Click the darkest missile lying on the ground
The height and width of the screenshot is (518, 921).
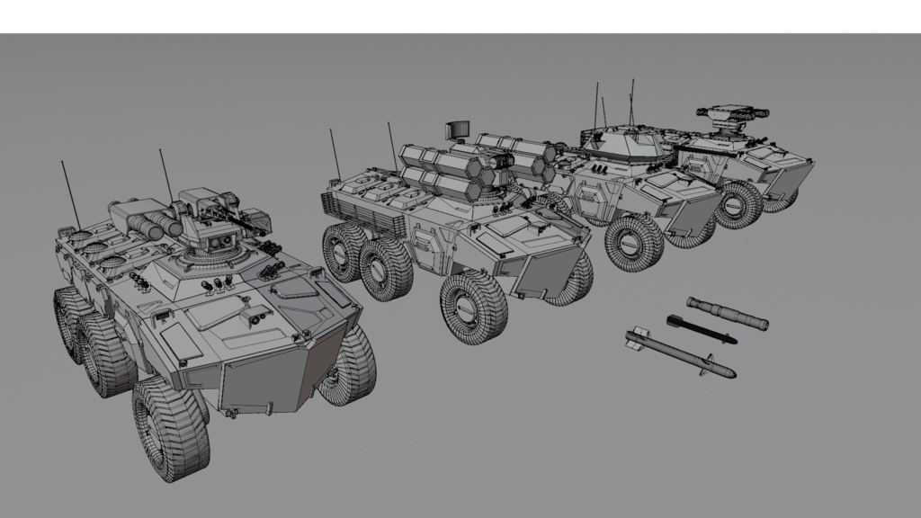click(701, 329)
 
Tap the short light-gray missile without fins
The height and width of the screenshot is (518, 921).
click(727, 312)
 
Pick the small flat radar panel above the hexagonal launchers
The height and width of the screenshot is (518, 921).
click(458, 129)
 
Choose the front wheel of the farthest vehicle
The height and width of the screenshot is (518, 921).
click(739, 205)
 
